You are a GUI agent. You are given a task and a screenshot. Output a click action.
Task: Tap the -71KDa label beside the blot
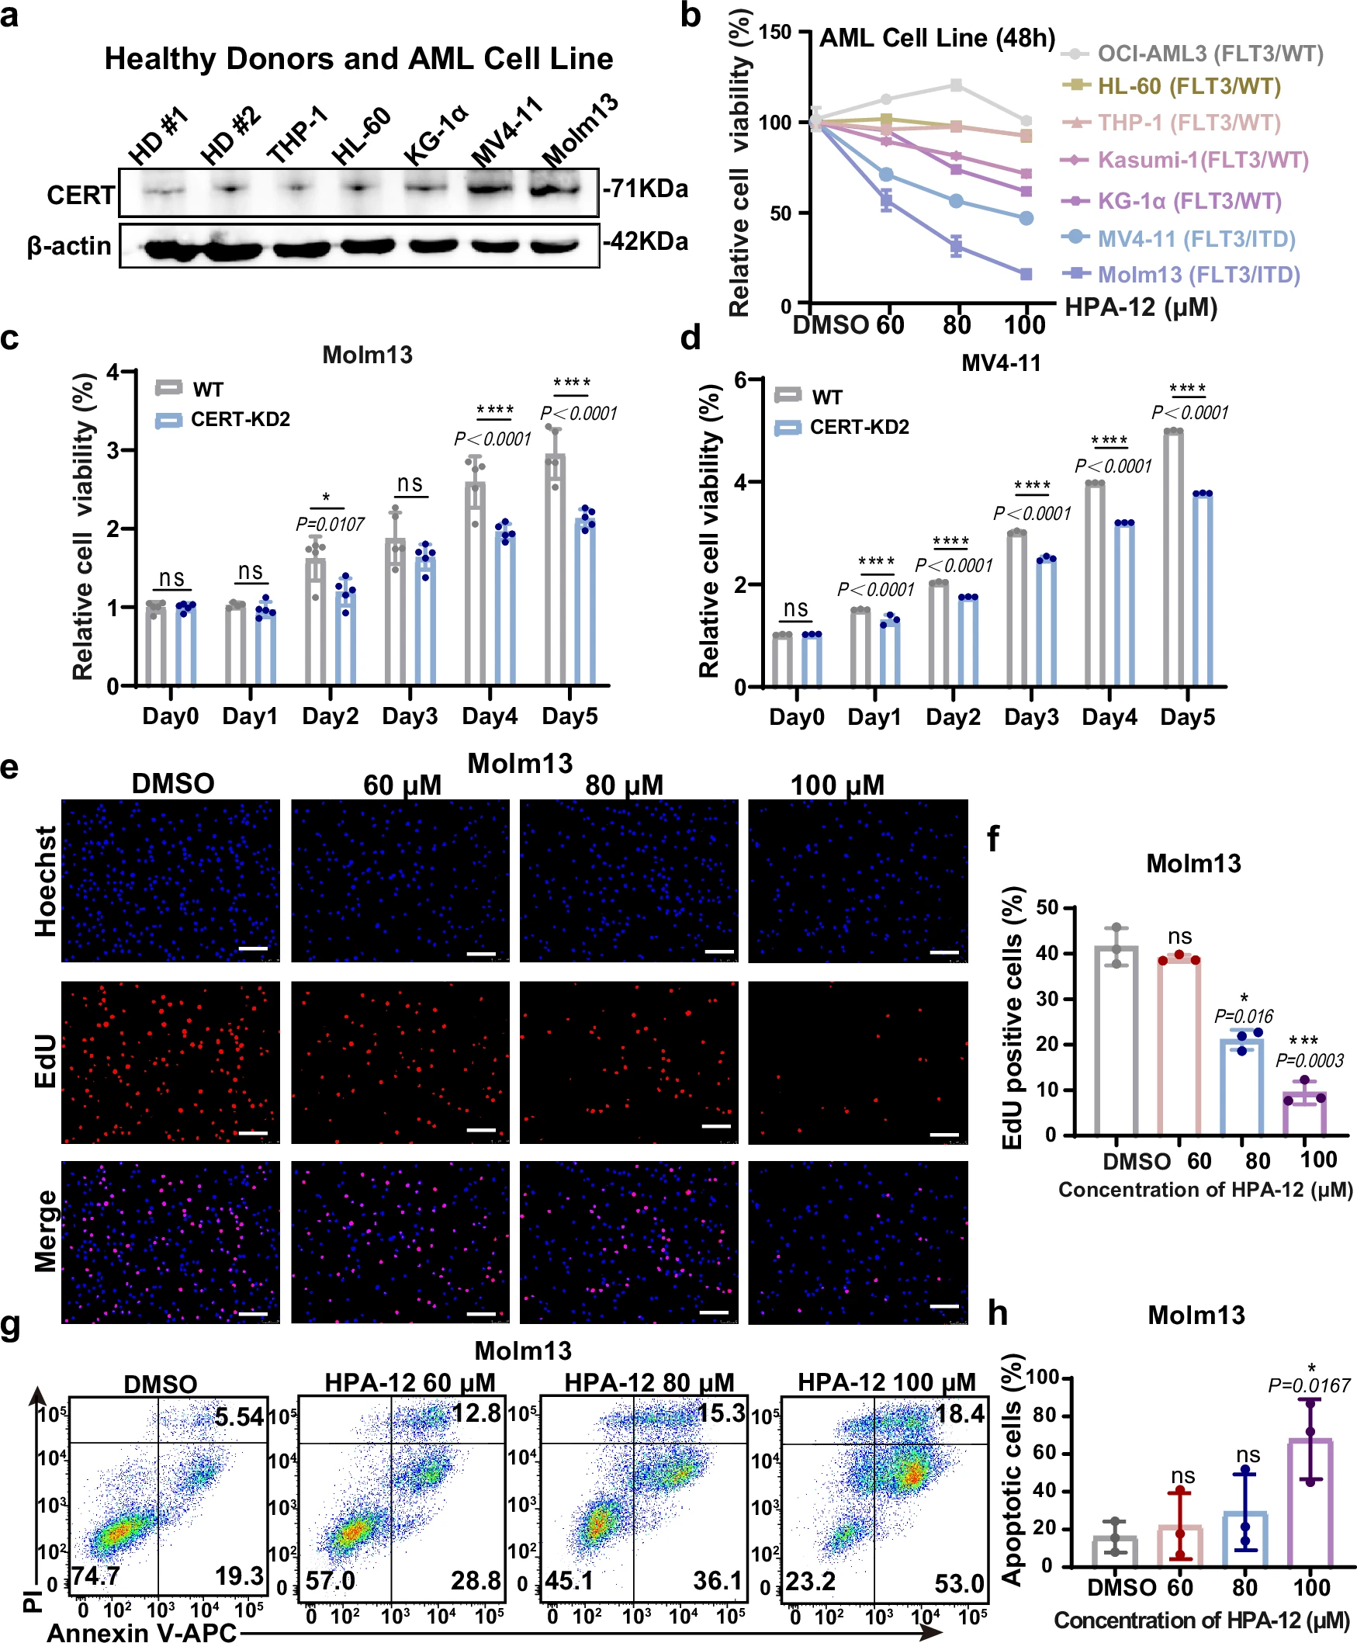click(646, 189)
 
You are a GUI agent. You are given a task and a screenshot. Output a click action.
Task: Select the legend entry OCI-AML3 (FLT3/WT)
click(1210, 54)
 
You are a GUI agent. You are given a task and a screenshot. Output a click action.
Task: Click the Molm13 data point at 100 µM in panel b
click(1026, 274)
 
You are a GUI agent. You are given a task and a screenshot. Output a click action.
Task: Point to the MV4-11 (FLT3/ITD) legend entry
click(1196, 238)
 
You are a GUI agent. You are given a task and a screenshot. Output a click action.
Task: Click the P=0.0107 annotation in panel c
click(330, 524)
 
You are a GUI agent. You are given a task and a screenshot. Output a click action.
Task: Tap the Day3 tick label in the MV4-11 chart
click(1031, 717)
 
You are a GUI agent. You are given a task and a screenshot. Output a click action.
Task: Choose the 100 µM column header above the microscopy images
click(837, 785)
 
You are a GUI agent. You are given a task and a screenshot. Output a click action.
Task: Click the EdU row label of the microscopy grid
click(45, 1060)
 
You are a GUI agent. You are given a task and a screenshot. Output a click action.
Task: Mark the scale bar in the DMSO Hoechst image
click(252, 948)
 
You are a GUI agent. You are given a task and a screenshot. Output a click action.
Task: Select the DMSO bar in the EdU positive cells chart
click(1116, 1040)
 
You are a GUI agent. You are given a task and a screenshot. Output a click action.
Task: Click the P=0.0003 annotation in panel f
click(1310, 1060)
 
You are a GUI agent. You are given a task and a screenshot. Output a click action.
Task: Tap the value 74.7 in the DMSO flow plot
click(95, 1574)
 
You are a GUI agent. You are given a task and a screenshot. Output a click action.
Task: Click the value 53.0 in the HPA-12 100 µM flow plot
click(959, 1582)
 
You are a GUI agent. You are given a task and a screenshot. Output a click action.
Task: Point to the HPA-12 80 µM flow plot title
click(649, 1382)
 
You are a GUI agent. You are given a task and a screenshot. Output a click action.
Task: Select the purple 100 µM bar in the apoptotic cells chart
click(1310, 1503)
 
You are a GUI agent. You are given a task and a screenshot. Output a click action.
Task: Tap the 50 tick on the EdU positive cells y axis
click(1047, 907)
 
